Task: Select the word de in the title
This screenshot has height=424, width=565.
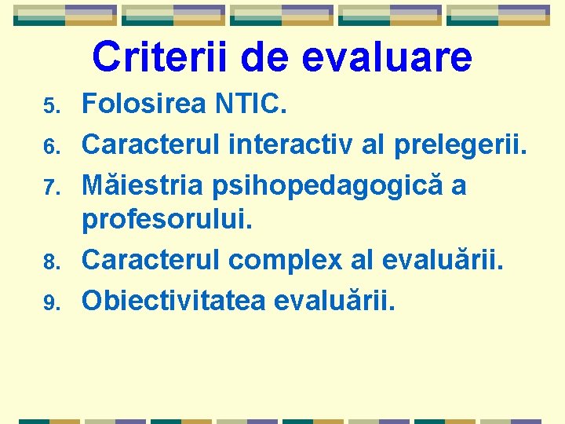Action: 264,57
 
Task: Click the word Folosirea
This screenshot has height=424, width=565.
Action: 143,103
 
